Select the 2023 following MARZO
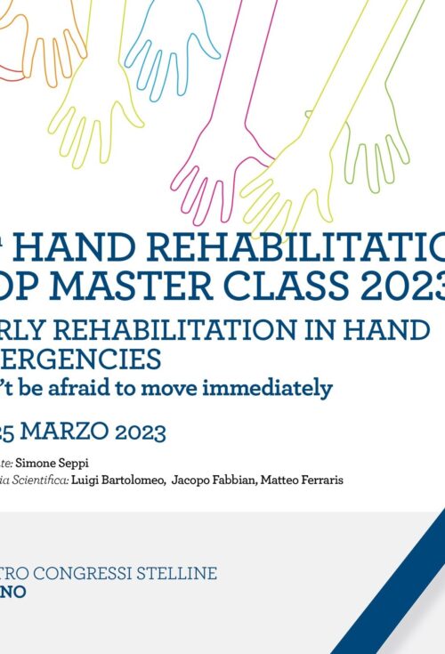138,432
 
